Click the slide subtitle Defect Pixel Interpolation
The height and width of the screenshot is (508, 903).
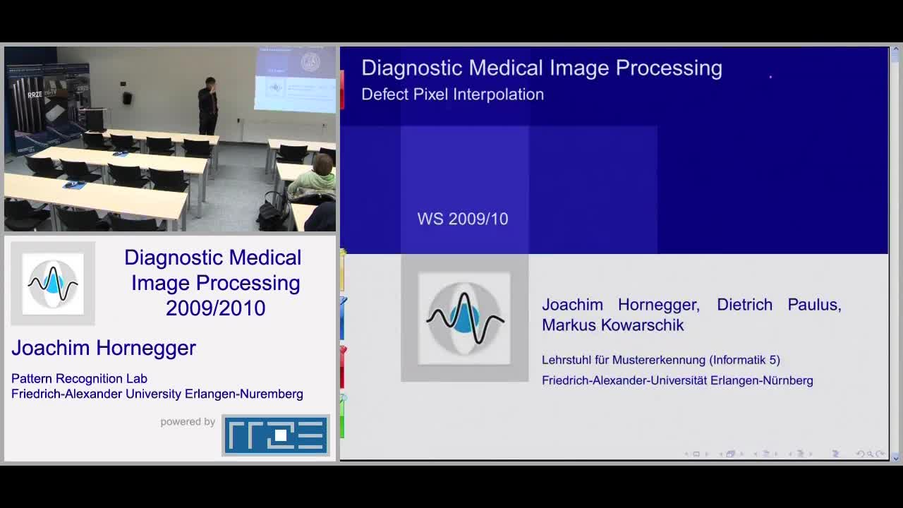pos(452,95)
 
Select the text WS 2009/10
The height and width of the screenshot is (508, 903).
pos(463,219)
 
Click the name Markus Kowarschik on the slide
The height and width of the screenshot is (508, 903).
pos(613,325)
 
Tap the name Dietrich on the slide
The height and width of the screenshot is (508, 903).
pos(744,304)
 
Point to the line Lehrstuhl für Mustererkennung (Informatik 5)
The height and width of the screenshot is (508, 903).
pos(661,360)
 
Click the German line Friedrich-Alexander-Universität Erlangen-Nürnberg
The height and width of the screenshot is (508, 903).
pos(677,380)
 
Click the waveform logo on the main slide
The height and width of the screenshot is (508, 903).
pos(464,318)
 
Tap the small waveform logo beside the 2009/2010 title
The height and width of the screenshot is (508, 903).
pos(53,284)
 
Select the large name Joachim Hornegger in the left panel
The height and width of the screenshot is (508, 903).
pos(104,348)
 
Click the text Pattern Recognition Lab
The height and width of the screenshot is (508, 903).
pos(80,379)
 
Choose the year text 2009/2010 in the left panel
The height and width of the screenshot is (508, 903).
pos(216,308)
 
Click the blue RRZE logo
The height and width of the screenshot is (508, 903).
pos(276,435)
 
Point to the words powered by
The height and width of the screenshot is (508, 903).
pos(188,422)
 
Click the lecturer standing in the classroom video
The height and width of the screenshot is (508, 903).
pos(208,106)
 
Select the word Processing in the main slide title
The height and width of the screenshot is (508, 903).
pos(669,68)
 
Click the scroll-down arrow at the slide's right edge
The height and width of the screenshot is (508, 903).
pos(896,459)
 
